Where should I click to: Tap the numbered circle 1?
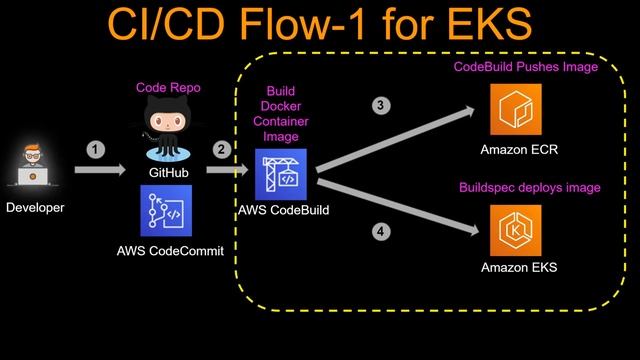click(95, 149)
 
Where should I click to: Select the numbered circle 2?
click(221, 149)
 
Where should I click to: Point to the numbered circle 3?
click(379, 105)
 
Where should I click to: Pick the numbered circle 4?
click(379, 232)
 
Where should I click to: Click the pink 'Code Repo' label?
click(168, 88)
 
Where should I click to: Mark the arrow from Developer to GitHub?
click(100, 170)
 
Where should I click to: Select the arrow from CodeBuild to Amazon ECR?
click(395, 139)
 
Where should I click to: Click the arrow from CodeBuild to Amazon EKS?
click(395, 203)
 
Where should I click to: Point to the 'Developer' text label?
click(35, 208)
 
